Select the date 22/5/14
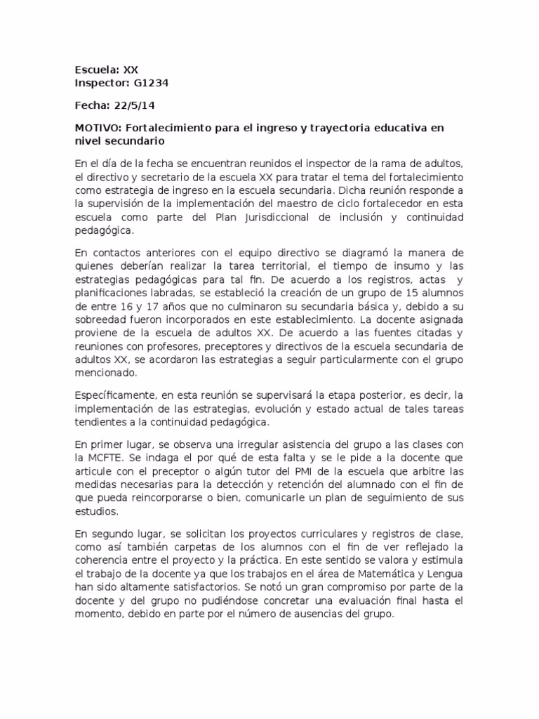point(135,106)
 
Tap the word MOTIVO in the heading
point(98,129)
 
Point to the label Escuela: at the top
point(97,70)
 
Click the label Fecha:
point(92,106)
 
